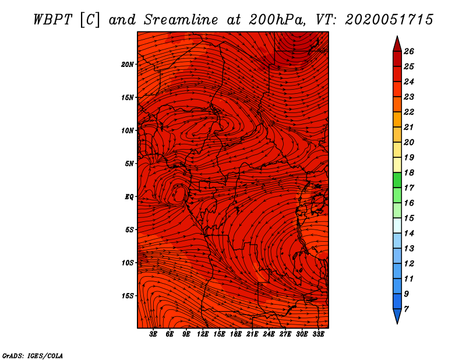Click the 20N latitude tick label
pyautogui.click(x=128, y=64)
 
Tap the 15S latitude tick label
pyautogui.click(x=128, y=296)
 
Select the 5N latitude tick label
pyautogui.click(x=129, y=163)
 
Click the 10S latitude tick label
pyautogui.click(x=128, y=263)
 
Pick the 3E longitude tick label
pyautogui.click(x=154, y=334)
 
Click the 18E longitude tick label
pyautogui.click(x=236, y=334)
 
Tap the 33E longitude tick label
pyautogui.click(x=318, y=334)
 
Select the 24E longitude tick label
pyautogui.click(x=269, y=334)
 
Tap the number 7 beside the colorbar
pyautogui.click(x=406, y=309)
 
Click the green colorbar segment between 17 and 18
pyautogui.click(x=397, y=180)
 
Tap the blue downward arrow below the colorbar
pyautogui.click(x=397, y=316)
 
